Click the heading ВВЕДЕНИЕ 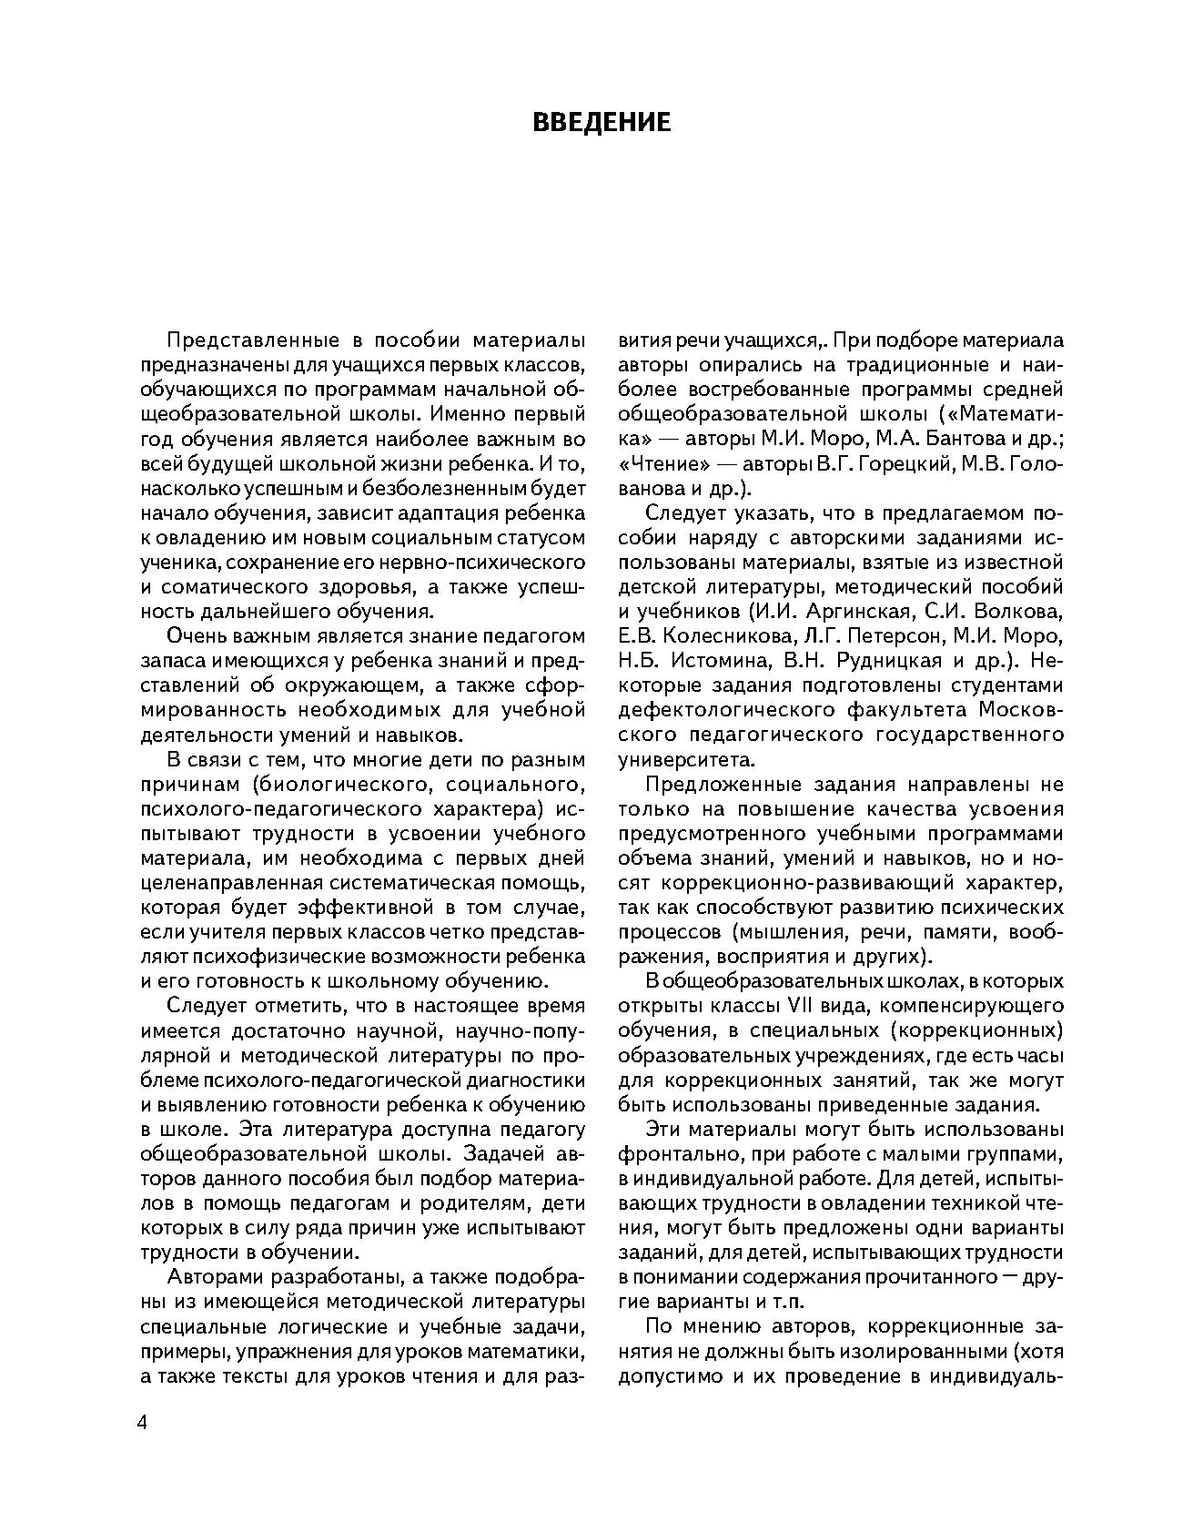[x=602, y=123]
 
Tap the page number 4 [x=141, y=1424]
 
